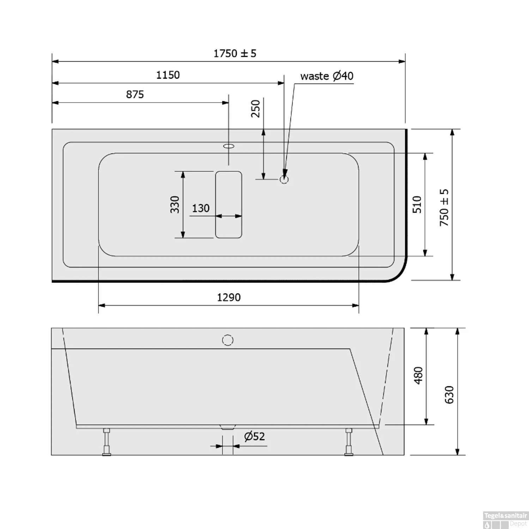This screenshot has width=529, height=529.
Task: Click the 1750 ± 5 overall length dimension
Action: coord(235,54)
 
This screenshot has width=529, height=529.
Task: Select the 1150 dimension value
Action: coord(168,75)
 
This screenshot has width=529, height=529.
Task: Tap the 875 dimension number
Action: coord(135,95)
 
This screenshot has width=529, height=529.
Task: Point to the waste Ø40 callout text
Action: coord(327,76)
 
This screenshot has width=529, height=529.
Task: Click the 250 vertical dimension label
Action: coord(256,109)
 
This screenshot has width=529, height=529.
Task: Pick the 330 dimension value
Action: coord(175,205)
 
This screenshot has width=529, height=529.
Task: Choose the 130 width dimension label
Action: coord(201,208)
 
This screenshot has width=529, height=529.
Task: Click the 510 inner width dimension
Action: coord(417,205)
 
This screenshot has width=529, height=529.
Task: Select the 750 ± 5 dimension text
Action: coord(444,207)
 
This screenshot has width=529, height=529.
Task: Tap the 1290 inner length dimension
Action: coord(229,298)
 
